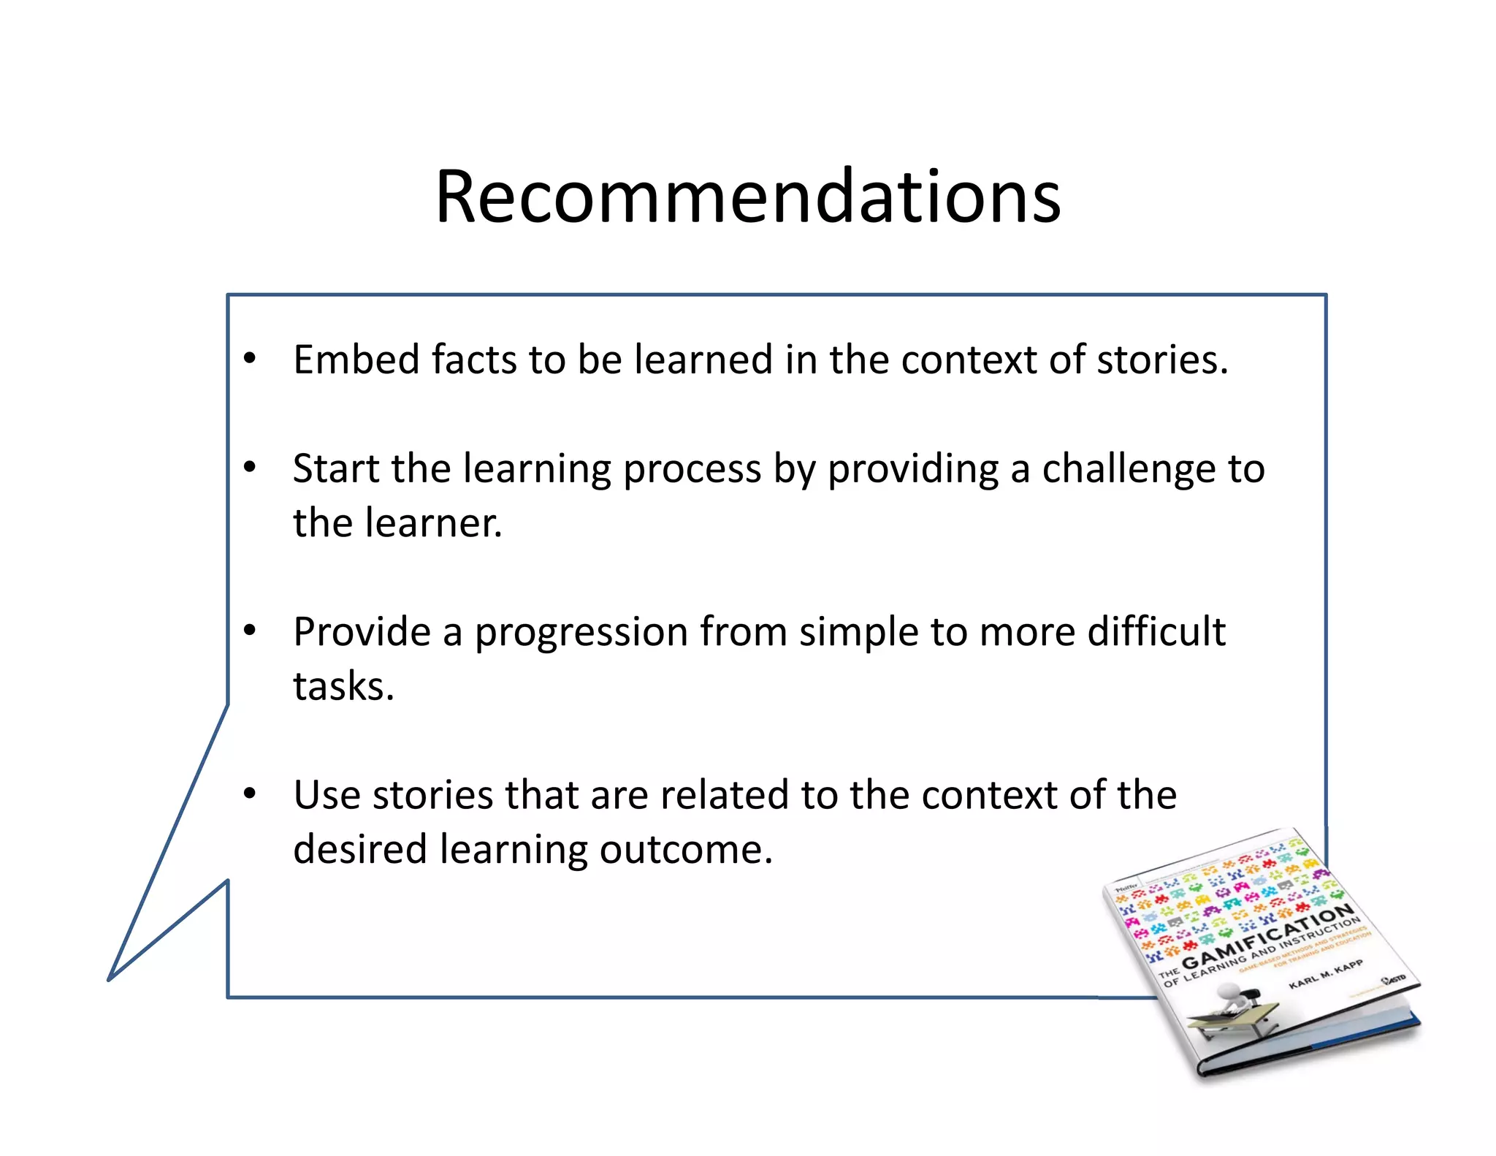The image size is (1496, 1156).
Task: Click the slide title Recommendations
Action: click(747, 196)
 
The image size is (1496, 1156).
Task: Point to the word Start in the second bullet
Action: click(335, 468)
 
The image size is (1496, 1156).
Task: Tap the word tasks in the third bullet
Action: click(342, 687)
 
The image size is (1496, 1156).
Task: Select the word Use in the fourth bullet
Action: click(327, 795)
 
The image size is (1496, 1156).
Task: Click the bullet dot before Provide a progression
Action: click(250, 630)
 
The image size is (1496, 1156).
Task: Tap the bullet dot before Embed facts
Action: click(250, 358)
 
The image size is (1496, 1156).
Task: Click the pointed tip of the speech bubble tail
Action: click(110, 979)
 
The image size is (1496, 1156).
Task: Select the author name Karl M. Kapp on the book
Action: click(1325, 975)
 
